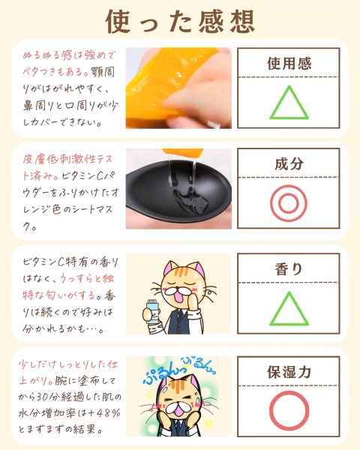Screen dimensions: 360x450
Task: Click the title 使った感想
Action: coord(180,22)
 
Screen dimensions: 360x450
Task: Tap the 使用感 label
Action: coord(289,63)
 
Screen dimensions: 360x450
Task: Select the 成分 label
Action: coord(289,163)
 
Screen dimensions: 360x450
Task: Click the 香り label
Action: coord(289,269)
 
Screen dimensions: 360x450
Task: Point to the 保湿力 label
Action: coord(289,372)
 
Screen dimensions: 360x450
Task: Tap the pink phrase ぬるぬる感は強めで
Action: coord(69,55)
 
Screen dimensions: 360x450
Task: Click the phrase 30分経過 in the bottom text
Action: coord(55,397)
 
